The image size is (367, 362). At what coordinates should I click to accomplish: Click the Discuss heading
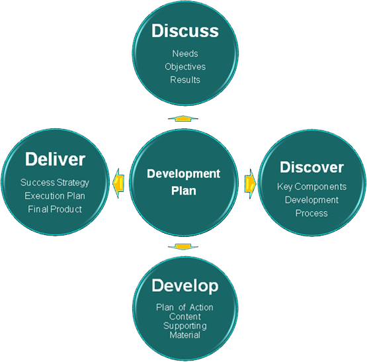point(185,30)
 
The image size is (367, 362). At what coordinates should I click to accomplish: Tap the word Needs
point(185,54)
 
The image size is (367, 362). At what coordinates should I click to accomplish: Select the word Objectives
point(185,67)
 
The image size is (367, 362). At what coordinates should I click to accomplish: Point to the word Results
point(185,80)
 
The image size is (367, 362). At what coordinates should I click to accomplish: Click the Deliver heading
point(55,159)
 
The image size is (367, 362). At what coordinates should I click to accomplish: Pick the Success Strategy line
point(55,183)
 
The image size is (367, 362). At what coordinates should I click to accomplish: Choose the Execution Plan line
point(55,196)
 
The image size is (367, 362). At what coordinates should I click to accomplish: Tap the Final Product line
point(55,209)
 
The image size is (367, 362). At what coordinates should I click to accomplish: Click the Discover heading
point(311,167)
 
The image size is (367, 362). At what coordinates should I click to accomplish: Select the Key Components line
point(311,187)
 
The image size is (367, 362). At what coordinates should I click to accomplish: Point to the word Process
point(311,213)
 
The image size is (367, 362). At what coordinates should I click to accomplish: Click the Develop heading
point(185,286)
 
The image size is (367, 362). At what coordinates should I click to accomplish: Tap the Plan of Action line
point(184,307)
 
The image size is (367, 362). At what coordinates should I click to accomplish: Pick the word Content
point(185,316)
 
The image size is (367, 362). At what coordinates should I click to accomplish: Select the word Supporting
point(185,326)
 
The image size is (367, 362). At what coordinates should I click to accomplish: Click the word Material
point(185,335)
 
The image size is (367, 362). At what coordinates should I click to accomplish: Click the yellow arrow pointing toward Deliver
point(118,183)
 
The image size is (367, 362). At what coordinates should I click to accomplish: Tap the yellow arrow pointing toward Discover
point(250,184)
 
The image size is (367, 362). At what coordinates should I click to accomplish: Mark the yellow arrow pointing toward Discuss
point(183,118)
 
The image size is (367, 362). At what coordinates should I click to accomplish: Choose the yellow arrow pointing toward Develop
point(183,247)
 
